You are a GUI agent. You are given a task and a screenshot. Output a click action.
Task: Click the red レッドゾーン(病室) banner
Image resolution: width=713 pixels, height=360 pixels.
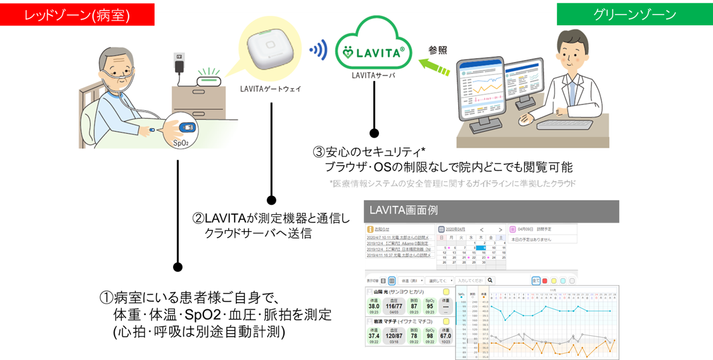(77, 15)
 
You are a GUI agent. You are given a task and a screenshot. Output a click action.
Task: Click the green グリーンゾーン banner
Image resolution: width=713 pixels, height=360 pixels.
(634, 15)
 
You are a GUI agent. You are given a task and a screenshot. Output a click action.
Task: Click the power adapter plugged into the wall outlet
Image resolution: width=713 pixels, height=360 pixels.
(179, 65)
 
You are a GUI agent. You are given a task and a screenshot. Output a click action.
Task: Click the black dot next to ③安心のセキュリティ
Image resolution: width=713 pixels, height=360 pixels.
(375, 133)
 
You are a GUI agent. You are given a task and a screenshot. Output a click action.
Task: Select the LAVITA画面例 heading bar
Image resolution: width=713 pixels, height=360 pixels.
(491, 211)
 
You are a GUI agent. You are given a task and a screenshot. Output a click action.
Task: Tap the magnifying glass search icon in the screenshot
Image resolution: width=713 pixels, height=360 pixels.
(490, 280)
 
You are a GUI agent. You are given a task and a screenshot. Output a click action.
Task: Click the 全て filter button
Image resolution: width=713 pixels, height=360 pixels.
(536, 280)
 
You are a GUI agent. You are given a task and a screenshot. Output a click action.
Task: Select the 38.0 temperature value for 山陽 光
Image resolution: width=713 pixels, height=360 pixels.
(374, 305)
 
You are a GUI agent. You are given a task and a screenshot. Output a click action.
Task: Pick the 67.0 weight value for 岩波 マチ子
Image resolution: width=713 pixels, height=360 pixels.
(446, 336)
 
